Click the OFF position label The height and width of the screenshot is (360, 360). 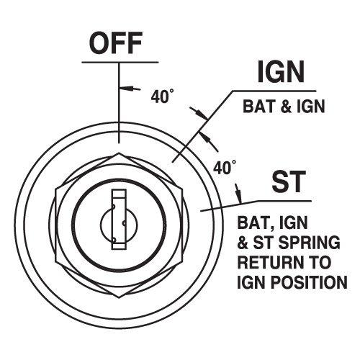[116, 42]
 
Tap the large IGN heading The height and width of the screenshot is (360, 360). [281, 71]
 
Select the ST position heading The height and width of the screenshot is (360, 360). [289, 181]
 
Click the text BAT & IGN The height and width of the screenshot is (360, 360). [284, 106]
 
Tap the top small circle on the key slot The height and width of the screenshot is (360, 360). [114, 206]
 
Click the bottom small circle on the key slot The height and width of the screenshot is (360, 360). [114, 239]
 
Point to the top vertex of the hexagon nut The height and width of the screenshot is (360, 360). [119, 153]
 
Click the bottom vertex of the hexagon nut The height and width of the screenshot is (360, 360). [119, 298]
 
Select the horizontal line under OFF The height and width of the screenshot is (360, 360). [120, 63]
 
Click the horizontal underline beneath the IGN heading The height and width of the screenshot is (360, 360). [274, 91]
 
